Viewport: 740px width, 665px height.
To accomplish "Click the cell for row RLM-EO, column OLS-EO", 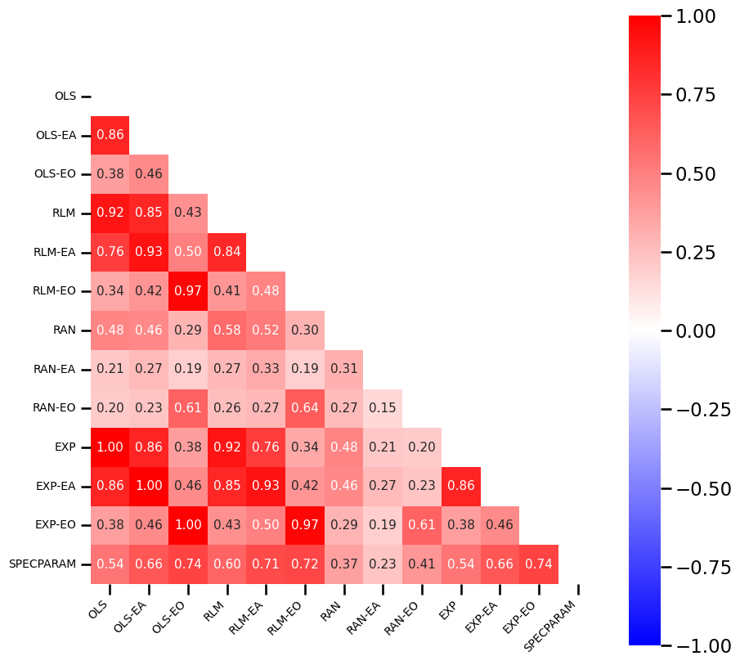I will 188,290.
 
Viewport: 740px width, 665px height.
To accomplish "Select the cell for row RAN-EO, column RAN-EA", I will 383,407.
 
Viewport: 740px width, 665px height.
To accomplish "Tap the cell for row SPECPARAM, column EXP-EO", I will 539,564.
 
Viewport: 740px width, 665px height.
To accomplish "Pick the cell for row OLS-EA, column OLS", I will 110,135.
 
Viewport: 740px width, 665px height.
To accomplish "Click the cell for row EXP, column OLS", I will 110,447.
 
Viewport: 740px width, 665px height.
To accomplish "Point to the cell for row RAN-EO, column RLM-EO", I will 305,407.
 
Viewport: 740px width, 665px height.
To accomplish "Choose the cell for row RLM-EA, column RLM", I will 226,252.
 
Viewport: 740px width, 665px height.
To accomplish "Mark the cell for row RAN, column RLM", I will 226,330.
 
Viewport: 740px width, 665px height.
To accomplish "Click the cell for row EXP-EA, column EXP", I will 461,486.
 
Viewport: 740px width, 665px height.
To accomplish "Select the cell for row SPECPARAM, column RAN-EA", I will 383,564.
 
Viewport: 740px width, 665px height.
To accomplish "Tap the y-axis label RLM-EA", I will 54,252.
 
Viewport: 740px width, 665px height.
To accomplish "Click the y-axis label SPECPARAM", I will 43,564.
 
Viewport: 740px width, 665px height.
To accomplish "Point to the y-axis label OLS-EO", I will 55,174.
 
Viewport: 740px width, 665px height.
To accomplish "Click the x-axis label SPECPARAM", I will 550,627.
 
